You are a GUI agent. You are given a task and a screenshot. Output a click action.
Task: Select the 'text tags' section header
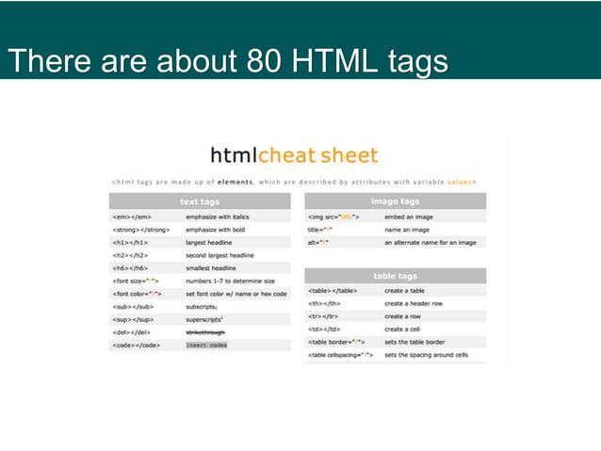(x=200, y=201)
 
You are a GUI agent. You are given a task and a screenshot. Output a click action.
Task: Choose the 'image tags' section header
(x=396, y=201)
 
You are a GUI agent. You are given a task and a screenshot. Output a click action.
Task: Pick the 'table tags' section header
(x=396, y=276)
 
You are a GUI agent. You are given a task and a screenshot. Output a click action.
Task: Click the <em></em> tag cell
(x=129, y=216)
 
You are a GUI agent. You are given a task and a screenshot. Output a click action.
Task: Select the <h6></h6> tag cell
(x=129, y=268)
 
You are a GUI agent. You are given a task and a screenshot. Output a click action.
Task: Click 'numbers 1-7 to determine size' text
(x=230, y=281)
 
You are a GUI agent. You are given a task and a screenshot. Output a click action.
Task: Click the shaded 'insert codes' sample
(x=206, y=346)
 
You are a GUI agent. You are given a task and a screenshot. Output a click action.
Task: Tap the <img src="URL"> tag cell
(x=333, y=216)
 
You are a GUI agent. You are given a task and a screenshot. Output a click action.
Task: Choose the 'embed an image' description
(x=409, y=216)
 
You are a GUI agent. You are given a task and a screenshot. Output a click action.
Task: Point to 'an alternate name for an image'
(x=430, y=242)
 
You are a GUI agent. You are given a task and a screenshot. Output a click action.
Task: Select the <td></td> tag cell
(x=323, y=330)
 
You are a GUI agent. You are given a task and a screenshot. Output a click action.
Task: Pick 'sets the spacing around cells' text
(x=426, y=355)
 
